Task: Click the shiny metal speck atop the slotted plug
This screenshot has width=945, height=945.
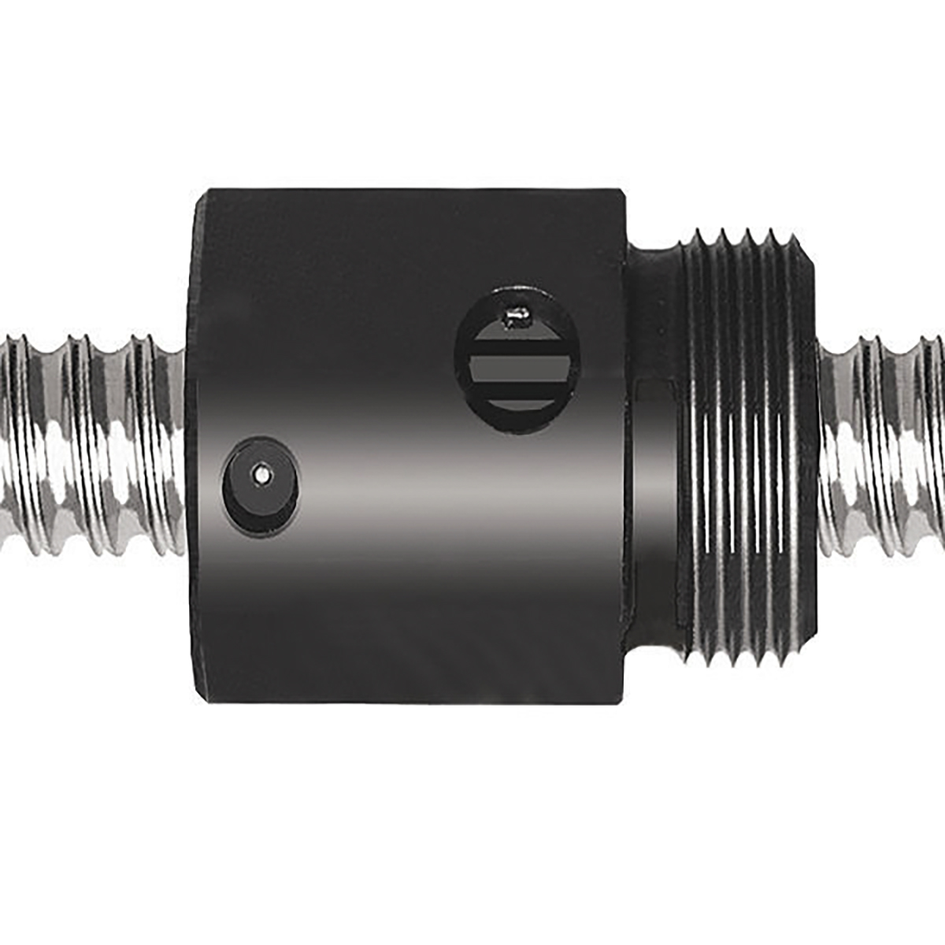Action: [517, 317]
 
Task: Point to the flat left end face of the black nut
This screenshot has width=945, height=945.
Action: [198, 441]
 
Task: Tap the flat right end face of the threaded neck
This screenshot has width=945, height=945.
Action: [813, 441]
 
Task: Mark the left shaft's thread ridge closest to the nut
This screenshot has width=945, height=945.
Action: [169, 441]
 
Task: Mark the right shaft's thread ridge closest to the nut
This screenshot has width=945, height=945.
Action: [831, 441]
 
